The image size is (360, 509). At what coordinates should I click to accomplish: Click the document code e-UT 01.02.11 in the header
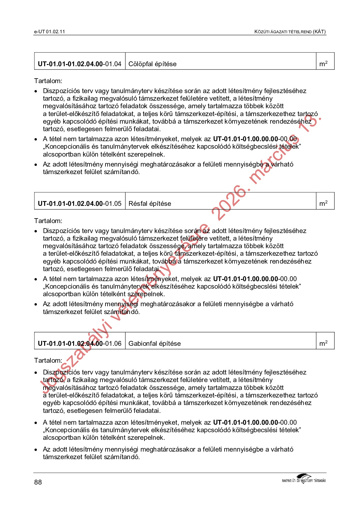pyautogui.click(x=49, y=32)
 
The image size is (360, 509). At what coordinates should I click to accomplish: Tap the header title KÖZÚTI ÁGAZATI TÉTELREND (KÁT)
pyautogui.click(x=290, y=32)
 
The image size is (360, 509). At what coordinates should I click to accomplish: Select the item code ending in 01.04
pyautogui.click(x=79, y=64)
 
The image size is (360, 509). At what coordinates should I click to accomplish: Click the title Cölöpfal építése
pyautogui.click(x=152, y=64)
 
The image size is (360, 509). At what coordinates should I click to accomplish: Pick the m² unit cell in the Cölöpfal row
pyautogui.click(x=323, y=64)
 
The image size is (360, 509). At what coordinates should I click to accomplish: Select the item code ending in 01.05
pyautogui.click(x=79, y=204)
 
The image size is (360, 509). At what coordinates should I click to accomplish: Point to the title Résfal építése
pyautogui.click(x=150, y=204)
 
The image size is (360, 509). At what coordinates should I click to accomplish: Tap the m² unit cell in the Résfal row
pyautogui.click(x=323, y=203)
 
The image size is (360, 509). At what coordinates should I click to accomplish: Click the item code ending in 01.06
pyautogui.click(x=79, y=344)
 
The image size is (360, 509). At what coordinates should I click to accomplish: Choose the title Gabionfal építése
pyautogui.click(x=154, y=344)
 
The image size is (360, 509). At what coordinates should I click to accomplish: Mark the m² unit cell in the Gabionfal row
pyautogui.click(x=323, y=343)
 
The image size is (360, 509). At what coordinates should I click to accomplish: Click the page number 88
pyautogui.click(x=38, y=482)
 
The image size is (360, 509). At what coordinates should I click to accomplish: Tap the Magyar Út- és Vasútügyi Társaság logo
pyautogui.click(x=303, y=479)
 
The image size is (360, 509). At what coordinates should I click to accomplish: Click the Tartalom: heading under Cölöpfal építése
pyautogui.click(x=48, y=81)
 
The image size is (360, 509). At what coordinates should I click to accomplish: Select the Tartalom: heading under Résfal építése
pyautogui.click(x=48, y=221)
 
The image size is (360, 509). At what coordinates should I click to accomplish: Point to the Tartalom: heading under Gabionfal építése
pyautogui.click(x=48, y=361)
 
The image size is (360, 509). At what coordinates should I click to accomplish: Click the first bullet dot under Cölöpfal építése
pyautogui.click(x=36, y=91)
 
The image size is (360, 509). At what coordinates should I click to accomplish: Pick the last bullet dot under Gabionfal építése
pyautogui.click(x=36, y=450)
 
